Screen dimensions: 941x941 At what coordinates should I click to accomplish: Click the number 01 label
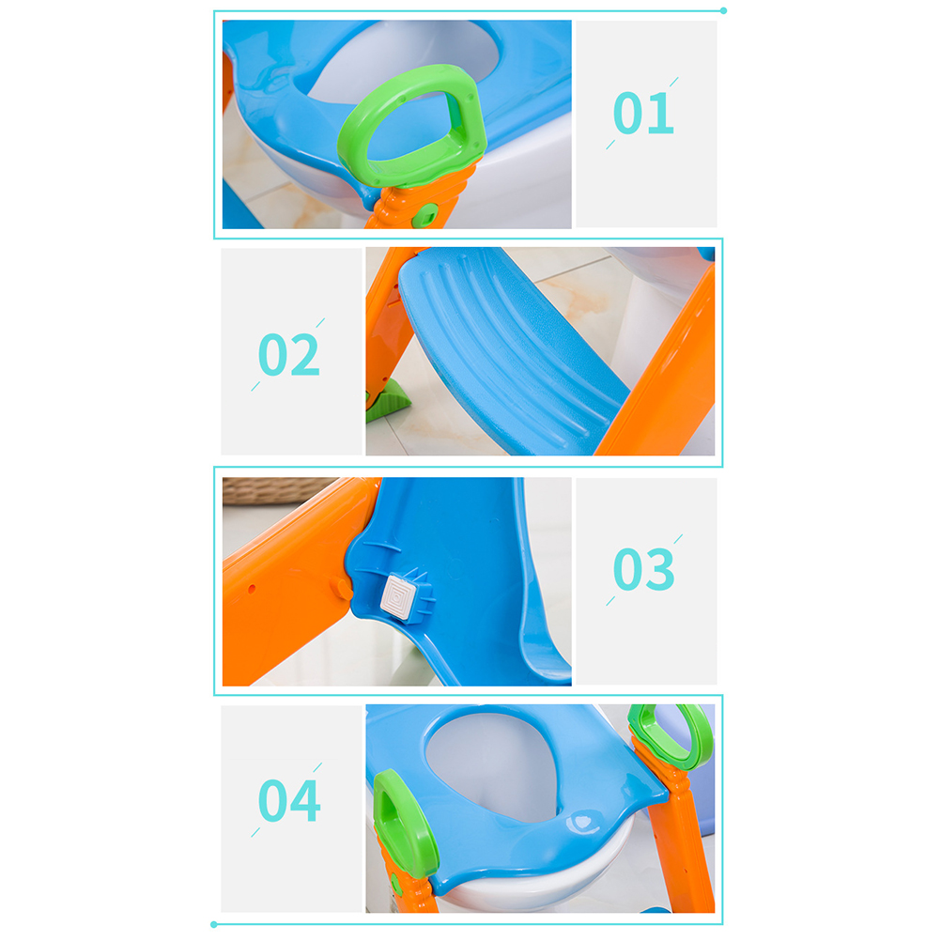[x=643, y=113]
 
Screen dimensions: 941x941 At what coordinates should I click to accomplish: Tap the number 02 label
[x=288, y=355]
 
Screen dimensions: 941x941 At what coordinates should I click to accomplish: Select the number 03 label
[x=644, y=569]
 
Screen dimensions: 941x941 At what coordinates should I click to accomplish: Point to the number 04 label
[x=289, y=800]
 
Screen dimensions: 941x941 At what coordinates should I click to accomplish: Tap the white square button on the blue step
[x=400, y=597]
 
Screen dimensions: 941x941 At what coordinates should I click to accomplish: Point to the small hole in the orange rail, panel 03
[x=252, y=589]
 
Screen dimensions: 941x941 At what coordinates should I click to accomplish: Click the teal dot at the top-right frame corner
[x=724, y=11]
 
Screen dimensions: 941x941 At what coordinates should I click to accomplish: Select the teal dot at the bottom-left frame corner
[x=213, y=925]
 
